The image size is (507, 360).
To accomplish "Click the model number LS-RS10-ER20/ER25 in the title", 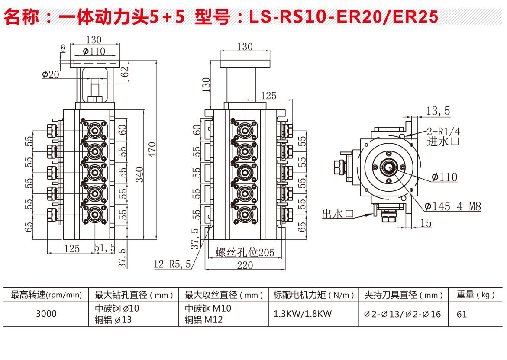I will point(344,17).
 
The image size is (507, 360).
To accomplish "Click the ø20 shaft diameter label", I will point(50,74).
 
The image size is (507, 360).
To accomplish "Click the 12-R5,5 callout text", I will point(172,264).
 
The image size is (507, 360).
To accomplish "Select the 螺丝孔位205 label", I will point(245,252).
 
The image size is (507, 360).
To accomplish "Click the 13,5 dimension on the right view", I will point(438,111).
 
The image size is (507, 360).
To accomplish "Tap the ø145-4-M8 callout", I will point(452,206).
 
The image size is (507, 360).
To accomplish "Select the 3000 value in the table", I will point(46,314).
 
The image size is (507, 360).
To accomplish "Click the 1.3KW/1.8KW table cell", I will point(302,314).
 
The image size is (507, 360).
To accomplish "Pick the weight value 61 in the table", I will point(462,314).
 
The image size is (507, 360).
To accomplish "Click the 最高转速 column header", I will point(46,295).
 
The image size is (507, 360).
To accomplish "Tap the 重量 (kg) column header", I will point(475,295).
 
